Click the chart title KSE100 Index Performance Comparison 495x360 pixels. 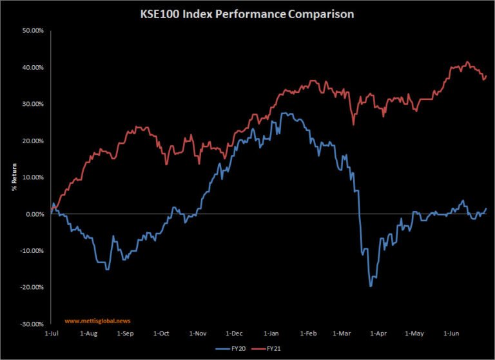coord(247,14)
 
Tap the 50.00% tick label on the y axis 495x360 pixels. coord(32,30)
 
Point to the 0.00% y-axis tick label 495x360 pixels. coord(34,214)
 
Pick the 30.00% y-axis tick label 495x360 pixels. coord(32,104)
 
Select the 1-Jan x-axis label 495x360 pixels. coord(271,334)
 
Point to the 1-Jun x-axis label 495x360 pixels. coord(453,334)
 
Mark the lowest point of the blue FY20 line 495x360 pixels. coord(371,286)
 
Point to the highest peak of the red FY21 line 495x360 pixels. coord(467,62)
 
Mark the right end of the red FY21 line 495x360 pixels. coord(486,76)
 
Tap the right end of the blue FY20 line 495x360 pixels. coord(486,208)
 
